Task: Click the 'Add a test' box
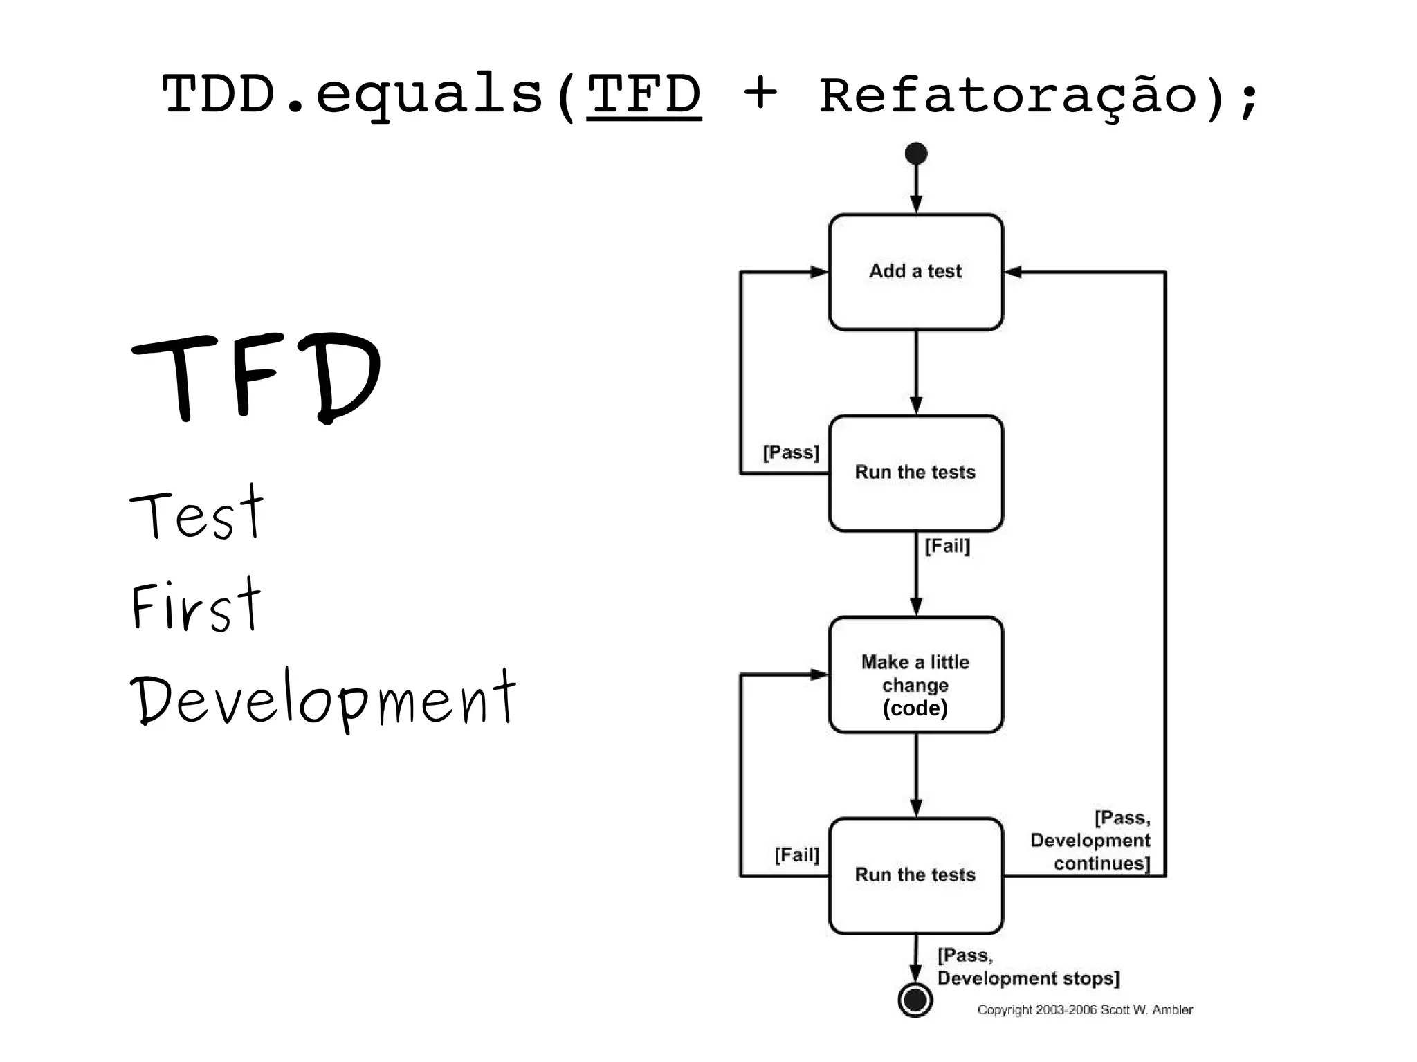coord(915,272)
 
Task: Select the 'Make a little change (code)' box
coord(915,675)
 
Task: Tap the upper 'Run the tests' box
coord(915,473)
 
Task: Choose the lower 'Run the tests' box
coord(915,876)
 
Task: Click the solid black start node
coord(916,154)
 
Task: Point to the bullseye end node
coord(915,1000)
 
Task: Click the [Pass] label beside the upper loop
coord(791,452)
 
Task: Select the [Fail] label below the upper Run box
coord(947,547)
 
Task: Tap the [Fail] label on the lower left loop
coord(796,855)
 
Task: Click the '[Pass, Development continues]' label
coord(1092,841)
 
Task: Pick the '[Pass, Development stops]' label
coord(1027,967)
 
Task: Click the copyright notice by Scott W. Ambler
coord(1085,1010)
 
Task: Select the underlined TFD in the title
coord(643,95)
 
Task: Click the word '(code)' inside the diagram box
coord(915,708)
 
